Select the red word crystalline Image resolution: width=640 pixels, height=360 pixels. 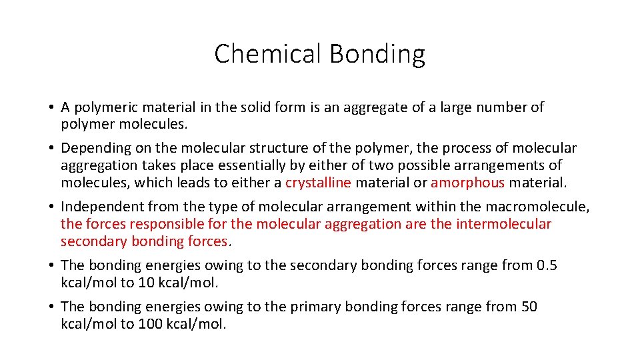pos(318,183)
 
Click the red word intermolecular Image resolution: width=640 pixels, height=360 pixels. pos(504,224)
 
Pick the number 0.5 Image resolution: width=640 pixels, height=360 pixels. pos(547,265)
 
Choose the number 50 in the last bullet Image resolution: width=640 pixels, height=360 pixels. pos(529,307)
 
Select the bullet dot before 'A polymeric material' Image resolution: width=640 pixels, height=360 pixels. pos(51,107)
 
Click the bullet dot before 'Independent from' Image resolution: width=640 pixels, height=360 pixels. pos(51,207)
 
